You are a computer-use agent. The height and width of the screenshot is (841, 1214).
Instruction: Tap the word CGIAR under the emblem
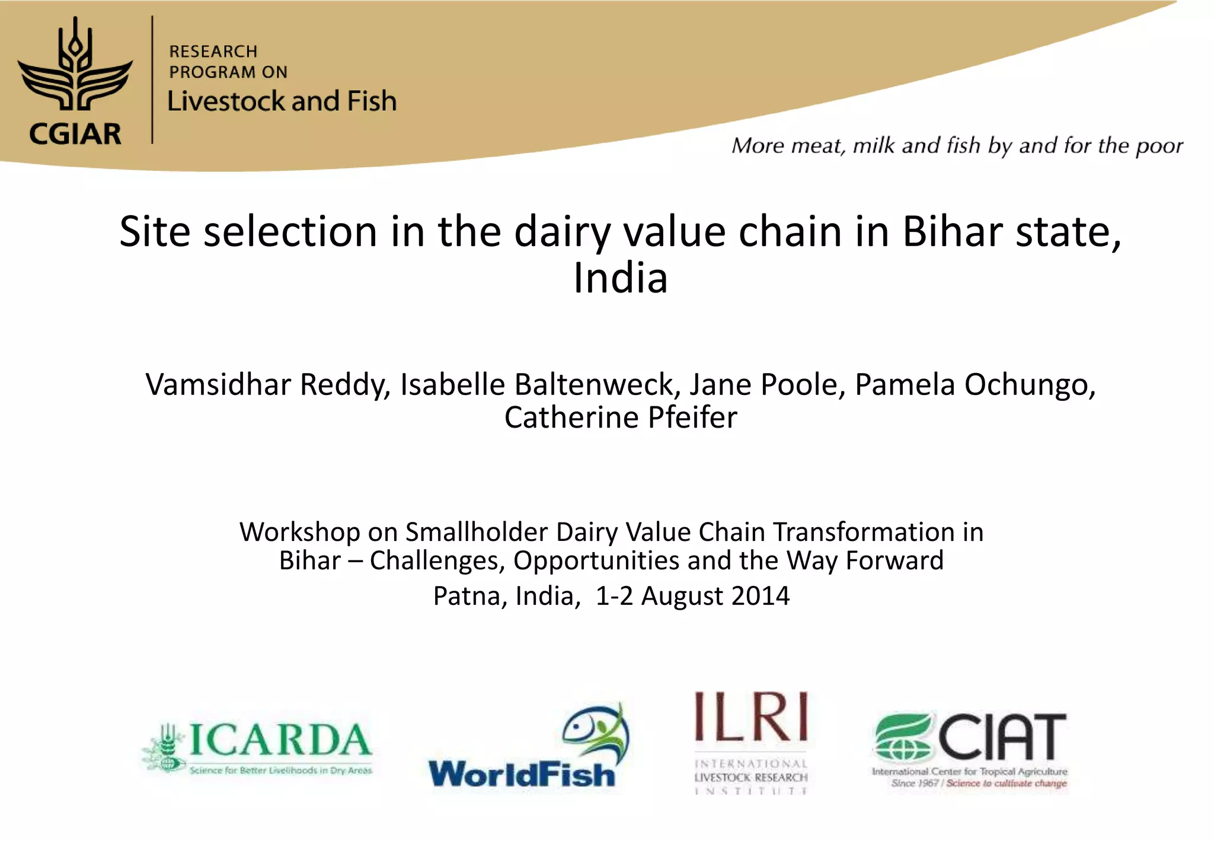tap(75, 134)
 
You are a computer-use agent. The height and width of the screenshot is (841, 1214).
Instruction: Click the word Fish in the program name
tap(372, 101)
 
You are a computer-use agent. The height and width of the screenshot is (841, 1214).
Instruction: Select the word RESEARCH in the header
tap(213, 52)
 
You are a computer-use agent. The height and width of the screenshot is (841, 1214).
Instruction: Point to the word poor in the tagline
tap(1159, 146)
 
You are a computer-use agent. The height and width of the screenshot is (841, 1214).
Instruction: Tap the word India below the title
tap(620, 278)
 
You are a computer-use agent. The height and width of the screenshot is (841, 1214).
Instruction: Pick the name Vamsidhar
tap(219, 384)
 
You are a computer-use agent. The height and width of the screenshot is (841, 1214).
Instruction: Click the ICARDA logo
tap(257, 748)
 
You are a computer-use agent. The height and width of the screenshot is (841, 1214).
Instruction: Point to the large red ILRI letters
tap(751, 717)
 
